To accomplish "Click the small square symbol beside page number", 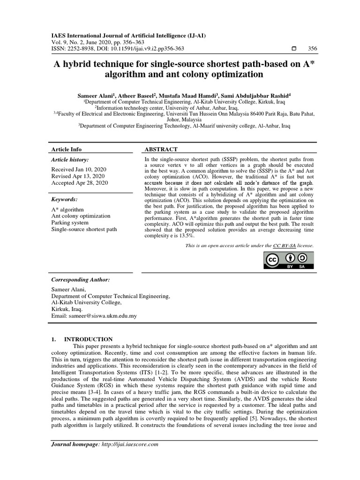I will point(294,49).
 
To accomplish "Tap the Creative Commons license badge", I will point(291,261).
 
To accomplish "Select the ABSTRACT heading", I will point(161,149).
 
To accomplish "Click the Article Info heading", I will point(66,149).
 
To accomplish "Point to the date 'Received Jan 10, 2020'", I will point(79,169).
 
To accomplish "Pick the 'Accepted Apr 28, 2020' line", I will point(79,183).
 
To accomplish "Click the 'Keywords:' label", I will point(64,199).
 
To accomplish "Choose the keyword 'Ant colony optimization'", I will point(81,216).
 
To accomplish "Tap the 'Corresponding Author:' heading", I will point(80,279).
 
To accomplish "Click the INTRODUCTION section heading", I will point(88,339).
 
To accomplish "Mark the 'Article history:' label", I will point(70,160).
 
